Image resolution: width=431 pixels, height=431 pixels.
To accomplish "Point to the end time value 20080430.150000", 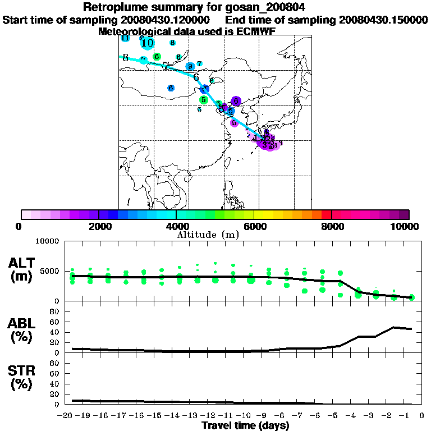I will click(383, 20).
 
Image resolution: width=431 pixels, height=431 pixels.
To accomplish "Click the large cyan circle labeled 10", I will click(147, 43).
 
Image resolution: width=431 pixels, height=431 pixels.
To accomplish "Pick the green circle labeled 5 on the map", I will click(204, 99).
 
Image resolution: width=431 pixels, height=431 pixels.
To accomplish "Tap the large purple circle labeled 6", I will click(236, 101).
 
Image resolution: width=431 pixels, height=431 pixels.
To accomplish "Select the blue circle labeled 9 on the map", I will click(190, 66).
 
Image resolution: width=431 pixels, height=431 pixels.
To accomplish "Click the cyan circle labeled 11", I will click(126, 38).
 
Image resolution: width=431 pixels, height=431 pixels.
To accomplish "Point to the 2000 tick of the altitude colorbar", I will click(99, 214).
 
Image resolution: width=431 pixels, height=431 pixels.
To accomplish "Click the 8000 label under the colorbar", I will click(331, 226).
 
